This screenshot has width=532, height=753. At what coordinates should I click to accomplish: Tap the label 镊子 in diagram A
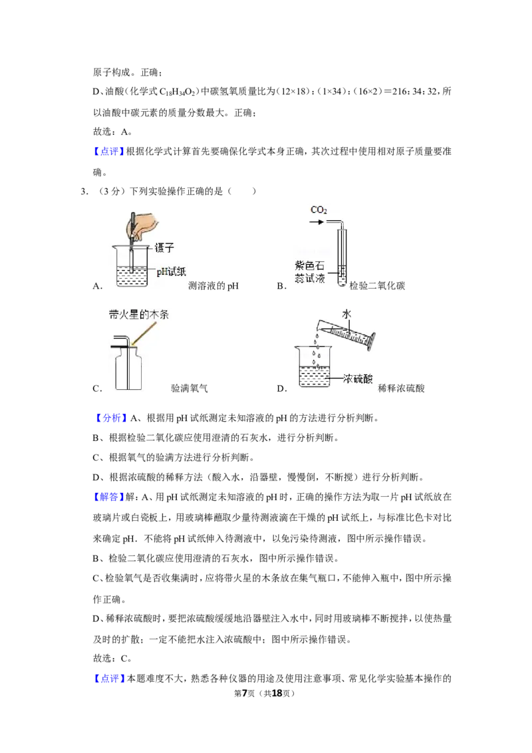[x=164, y=248]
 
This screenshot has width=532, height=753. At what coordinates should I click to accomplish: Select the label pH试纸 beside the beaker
[x=172, y=271]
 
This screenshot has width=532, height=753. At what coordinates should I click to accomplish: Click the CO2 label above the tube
[x=319, y=210]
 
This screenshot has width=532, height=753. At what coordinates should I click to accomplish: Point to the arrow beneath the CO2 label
[x=317, y=222]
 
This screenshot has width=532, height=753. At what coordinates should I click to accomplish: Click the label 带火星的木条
[x=139, y=315]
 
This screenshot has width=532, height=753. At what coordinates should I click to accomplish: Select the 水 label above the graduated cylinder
[x=346, y=314]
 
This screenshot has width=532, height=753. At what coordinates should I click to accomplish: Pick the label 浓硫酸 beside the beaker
[x=358, y=378]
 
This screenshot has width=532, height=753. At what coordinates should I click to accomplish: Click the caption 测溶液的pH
[x=213, y=286]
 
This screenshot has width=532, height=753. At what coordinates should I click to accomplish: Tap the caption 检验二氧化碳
[x=377, y=286]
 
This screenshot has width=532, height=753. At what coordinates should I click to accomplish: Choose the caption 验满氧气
[x=189, y=388]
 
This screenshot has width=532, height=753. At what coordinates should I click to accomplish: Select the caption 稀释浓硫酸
[x=401, y=388]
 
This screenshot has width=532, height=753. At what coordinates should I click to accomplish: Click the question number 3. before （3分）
[x=84, y=191]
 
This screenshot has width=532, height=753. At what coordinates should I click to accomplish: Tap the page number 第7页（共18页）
[x=264, y=693]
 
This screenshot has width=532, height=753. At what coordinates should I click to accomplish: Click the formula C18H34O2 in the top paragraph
[x=178, y=92]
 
